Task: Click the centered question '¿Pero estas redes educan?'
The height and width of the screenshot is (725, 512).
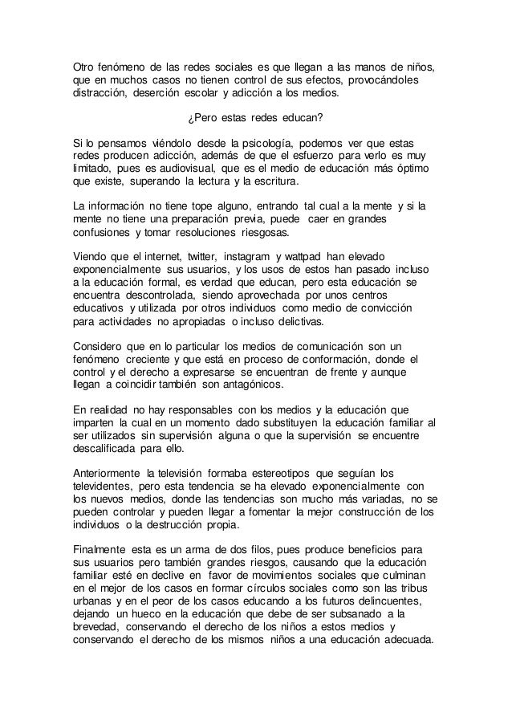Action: (x=255, y=119)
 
